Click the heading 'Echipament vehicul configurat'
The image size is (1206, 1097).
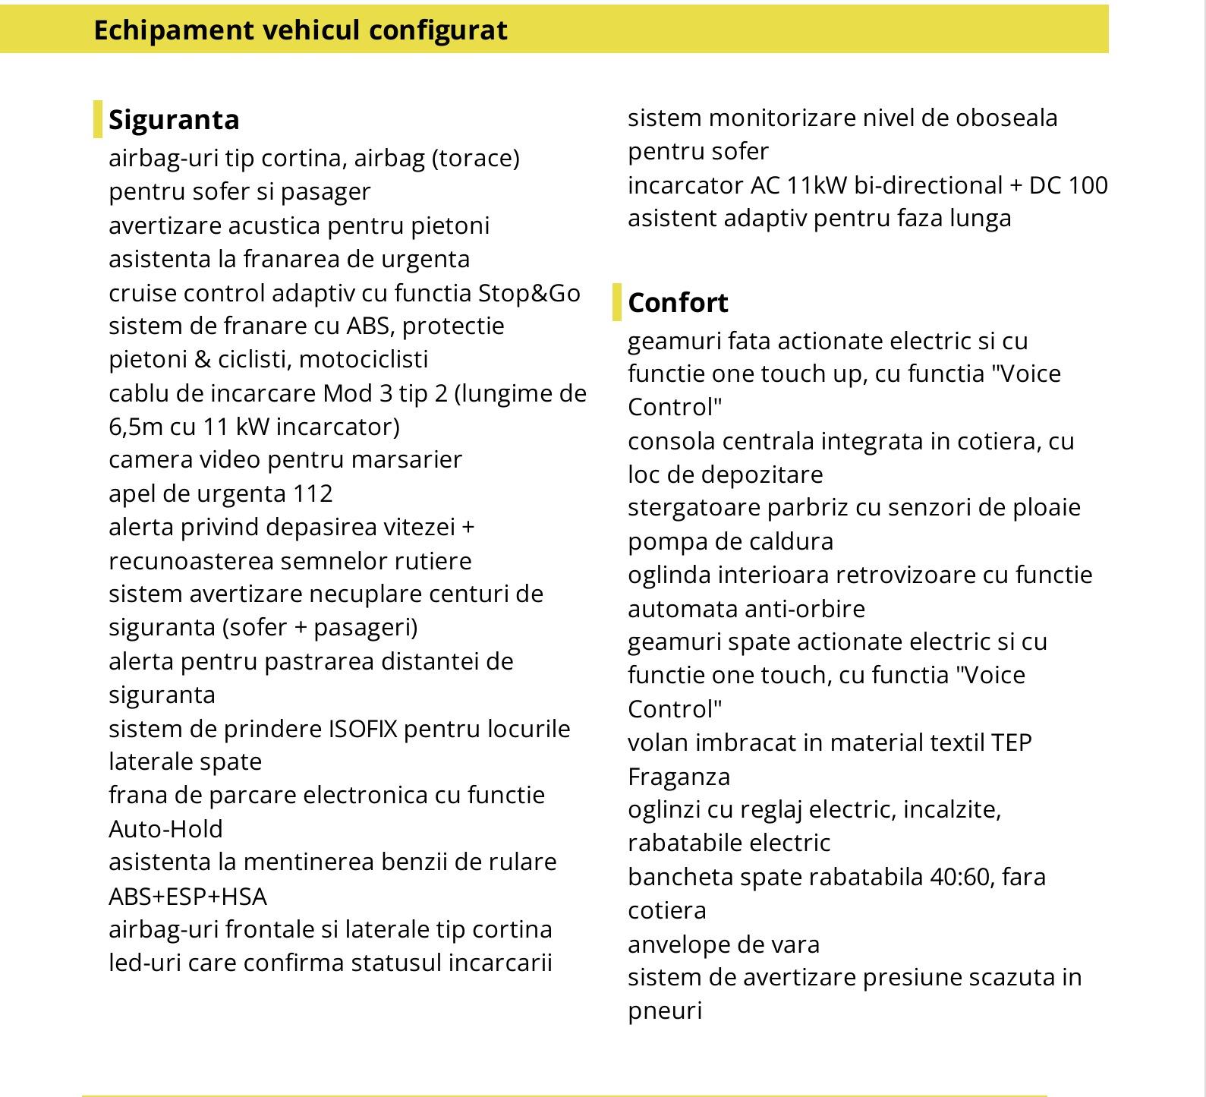[300, 30]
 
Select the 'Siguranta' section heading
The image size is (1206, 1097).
[174, 120]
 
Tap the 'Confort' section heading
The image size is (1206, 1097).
[678, 303]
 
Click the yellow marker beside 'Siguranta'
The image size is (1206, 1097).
[97, 119]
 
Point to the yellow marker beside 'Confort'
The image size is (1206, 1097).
[616, 302]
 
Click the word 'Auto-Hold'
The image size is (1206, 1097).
[165, 829]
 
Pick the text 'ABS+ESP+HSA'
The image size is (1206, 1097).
[187, 897]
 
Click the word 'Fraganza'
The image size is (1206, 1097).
[679, 777]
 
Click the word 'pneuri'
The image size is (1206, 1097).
[664, 1011]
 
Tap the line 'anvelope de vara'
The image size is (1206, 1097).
[723, 944]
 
